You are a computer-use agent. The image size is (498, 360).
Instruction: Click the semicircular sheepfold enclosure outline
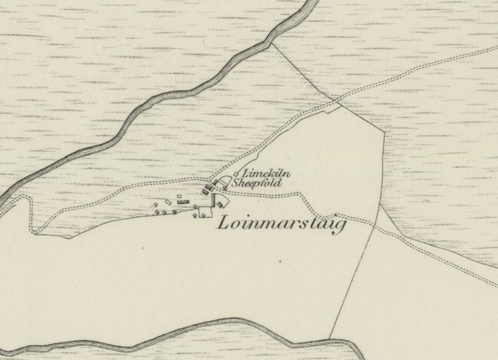223,182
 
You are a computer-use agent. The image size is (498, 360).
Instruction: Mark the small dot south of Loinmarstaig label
280,262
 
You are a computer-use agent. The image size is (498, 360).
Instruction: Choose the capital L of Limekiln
245,174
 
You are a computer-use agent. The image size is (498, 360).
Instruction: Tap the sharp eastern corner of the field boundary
386,131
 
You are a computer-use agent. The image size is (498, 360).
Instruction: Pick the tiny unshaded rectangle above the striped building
179,196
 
